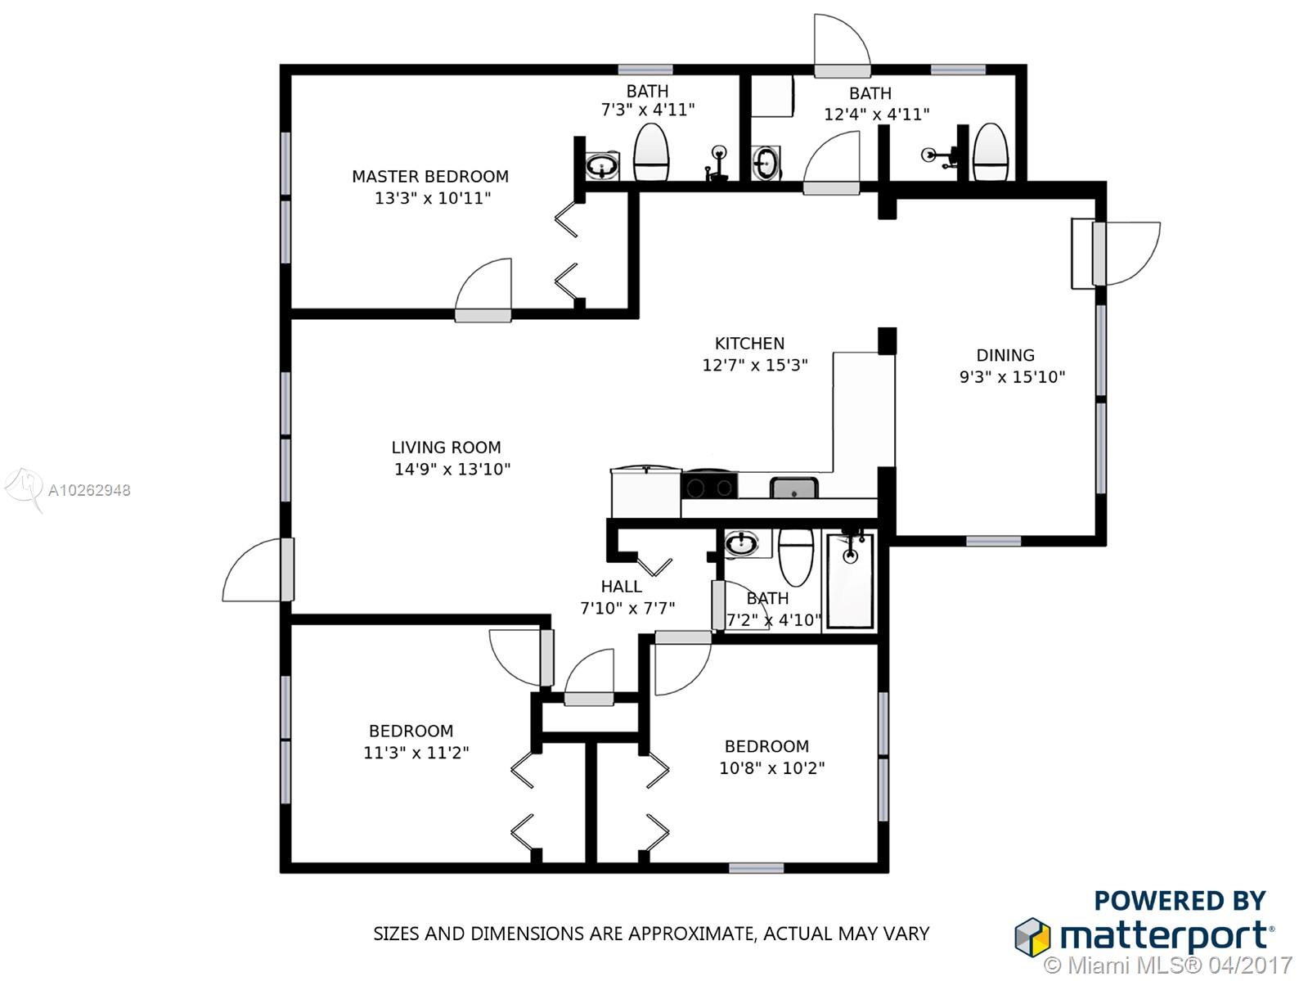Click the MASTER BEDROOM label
(430, 177)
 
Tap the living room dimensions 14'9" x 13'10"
(452, 469)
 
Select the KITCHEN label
(749, 344)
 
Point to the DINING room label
(1005, 355)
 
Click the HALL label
(621, 587)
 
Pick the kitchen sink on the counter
(793, 488)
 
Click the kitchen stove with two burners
(709, 486)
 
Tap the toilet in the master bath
(650, 151)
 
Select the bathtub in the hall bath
(850, 579)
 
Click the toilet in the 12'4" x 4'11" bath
(991, 151)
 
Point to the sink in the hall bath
(742, 543)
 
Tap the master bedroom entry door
(483, 290)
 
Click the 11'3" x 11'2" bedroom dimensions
(416, 753)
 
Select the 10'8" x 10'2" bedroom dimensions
(771, 768)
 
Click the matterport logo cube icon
(1032, 938)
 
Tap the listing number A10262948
(89, 491)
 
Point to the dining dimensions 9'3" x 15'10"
(1012, 377)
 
